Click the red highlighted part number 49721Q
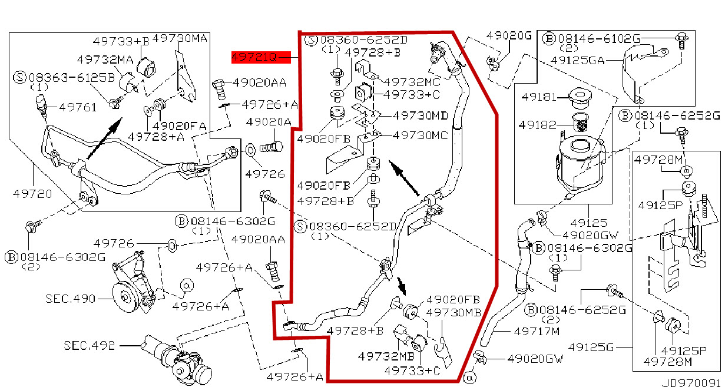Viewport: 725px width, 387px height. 254,57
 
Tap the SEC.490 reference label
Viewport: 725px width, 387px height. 70,299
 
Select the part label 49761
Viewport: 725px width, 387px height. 74,107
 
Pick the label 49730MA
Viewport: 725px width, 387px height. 180,38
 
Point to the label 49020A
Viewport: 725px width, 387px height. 269,122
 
